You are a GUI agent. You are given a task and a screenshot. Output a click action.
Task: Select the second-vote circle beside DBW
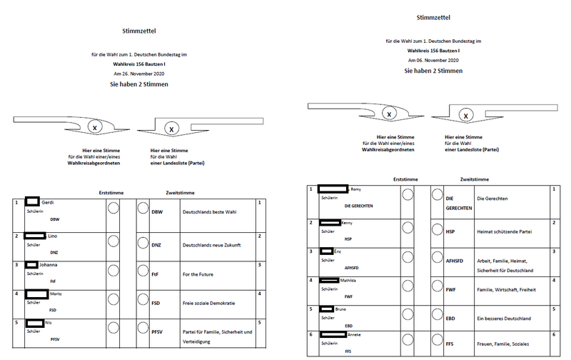pyautogui.click(x=141, y=208)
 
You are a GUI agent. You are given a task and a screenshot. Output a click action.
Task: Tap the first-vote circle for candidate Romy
pyautogui.click(x=408, y=194)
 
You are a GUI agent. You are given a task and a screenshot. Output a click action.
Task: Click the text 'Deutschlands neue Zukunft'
pyautogui.click(x=213, y=245)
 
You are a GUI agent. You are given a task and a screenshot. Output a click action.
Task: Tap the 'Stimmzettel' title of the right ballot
pyautogui.click(x=431, y=18)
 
